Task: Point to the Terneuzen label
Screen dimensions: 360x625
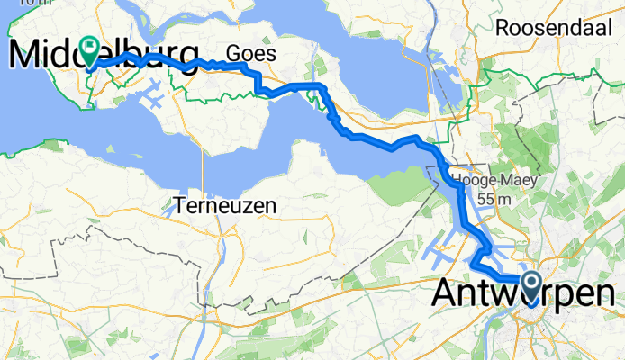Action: point(229,206)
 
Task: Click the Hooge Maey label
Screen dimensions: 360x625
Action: point(494,179)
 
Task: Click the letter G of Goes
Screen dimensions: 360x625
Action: point(235,53)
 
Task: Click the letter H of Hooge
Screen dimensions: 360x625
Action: point(457,179)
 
